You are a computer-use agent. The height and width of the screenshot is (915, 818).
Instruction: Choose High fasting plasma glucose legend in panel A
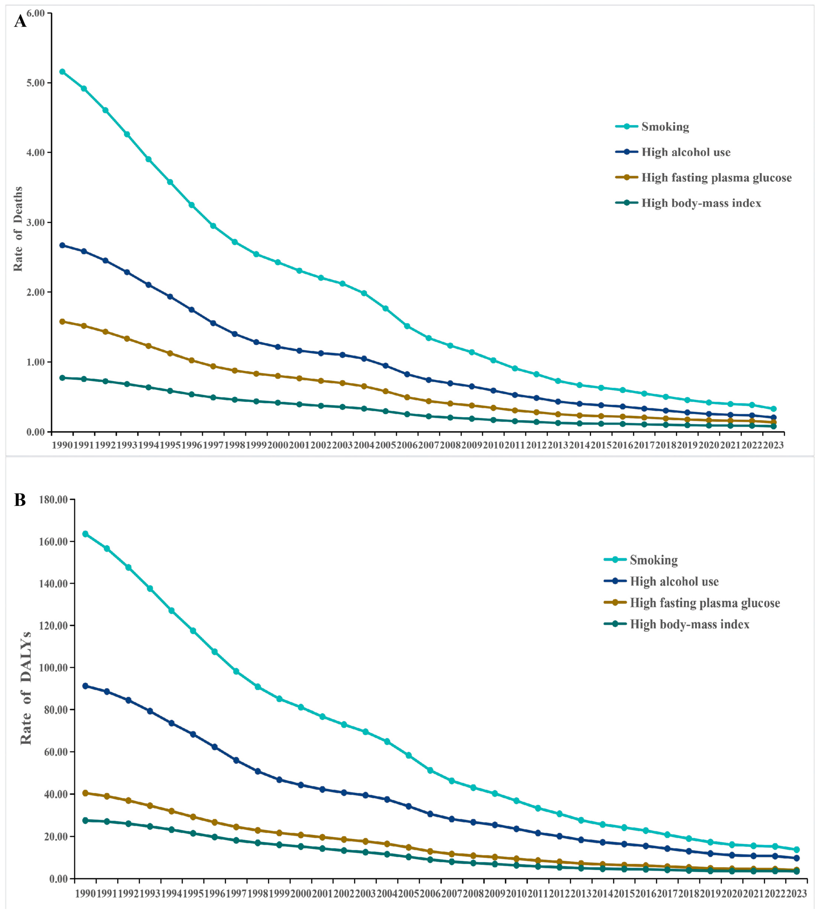(703, 178)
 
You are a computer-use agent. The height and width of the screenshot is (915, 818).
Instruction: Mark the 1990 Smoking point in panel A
(62, 72)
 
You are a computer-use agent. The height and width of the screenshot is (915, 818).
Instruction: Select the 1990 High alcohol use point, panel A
(62, 246)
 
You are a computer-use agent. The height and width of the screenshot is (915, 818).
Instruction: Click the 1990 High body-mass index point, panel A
(62, 378)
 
